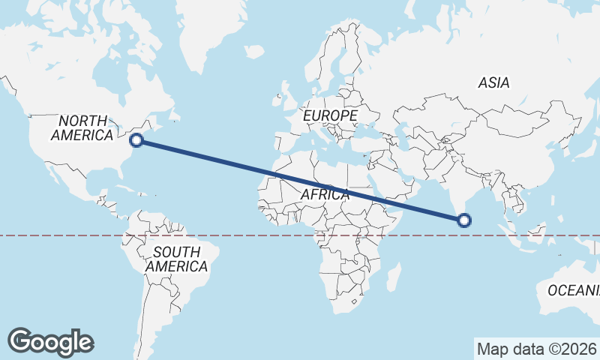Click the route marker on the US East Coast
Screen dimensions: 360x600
[137, 139]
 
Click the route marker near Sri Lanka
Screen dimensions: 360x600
[464, 220]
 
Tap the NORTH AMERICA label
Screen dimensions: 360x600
[82, 128]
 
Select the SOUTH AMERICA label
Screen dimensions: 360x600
[176, 259]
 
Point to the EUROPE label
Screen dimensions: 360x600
[330, 116]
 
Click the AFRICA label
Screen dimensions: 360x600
[325, 195]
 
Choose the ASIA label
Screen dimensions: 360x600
[493, 83]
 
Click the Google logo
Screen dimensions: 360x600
[51, 341]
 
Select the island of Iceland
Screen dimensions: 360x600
[254, 52]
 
